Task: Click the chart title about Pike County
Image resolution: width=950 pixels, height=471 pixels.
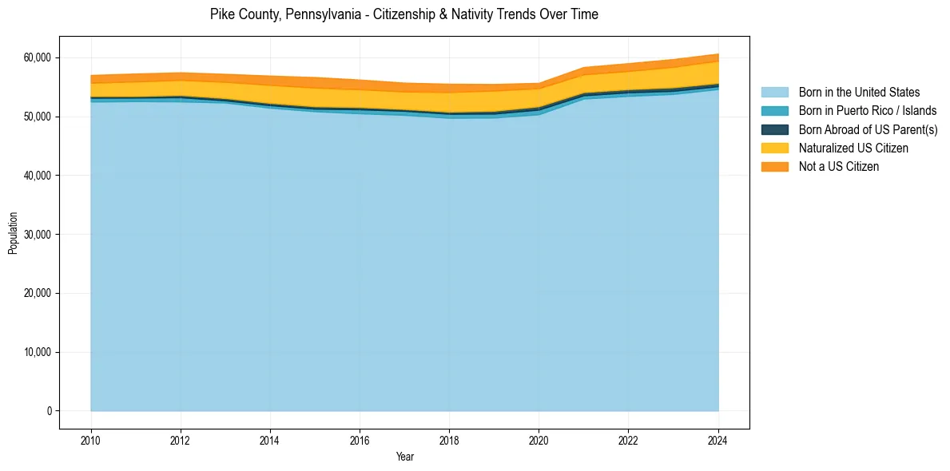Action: [x=403, y=14]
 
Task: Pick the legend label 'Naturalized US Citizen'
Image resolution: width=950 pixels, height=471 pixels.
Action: [x=853, y=148]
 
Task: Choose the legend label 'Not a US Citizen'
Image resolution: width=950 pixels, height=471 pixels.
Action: [x=839, y=167]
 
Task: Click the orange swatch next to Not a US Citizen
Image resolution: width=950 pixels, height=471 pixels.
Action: [x=774, y=167]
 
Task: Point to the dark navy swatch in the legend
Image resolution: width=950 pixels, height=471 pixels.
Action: [x=774, y=129]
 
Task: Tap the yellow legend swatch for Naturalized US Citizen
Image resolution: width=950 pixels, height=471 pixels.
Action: [x=774, y=148]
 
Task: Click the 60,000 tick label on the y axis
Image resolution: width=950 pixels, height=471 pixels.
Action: [x=36, y=58]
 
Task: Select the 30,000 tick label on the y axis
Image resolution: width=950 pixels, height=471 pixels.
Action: [x=36, y=235]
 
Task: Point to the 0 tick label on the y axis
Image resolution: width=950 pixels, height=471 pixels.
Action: [x=49, y=411]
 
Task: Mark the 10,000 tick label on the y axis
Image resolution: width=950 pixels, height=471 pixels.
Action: [x=36, y=352]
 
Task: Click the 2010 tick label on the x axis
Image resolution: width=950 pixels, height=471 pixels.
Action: [x=91, y=439]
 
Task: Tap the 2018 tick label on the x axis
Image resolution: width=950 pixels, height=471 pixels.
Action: [x=449, y=439]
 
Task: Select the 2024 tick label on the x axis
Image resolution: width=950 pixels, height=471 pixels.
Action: [x=718, y=439]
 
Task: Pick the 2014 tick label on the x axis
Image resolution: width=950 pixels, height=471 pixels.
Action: [x=270, y=439]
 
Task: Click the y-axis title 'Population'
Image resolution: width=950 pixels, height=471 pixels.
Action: [x=13, y=233]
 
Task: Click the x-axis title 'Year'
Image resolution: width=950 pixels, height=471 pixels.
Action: [x=404, y=457]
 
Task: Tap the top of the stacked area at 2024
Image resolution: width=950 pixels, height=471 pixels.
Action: [x=718, y=54]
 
